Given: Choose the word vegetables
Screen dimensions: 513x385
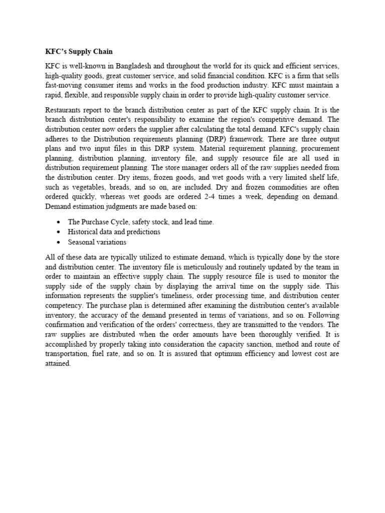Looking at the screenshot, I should coord(80,187).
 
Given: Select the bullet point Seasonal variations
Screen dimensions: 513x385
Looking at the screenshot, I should coord(97,242).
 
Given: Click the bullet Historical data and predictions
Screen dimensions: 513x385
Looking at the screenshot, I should coord(114,231).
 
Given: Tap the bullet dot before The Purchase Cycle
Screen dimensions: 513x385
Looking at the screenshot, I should coord(60,221).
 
